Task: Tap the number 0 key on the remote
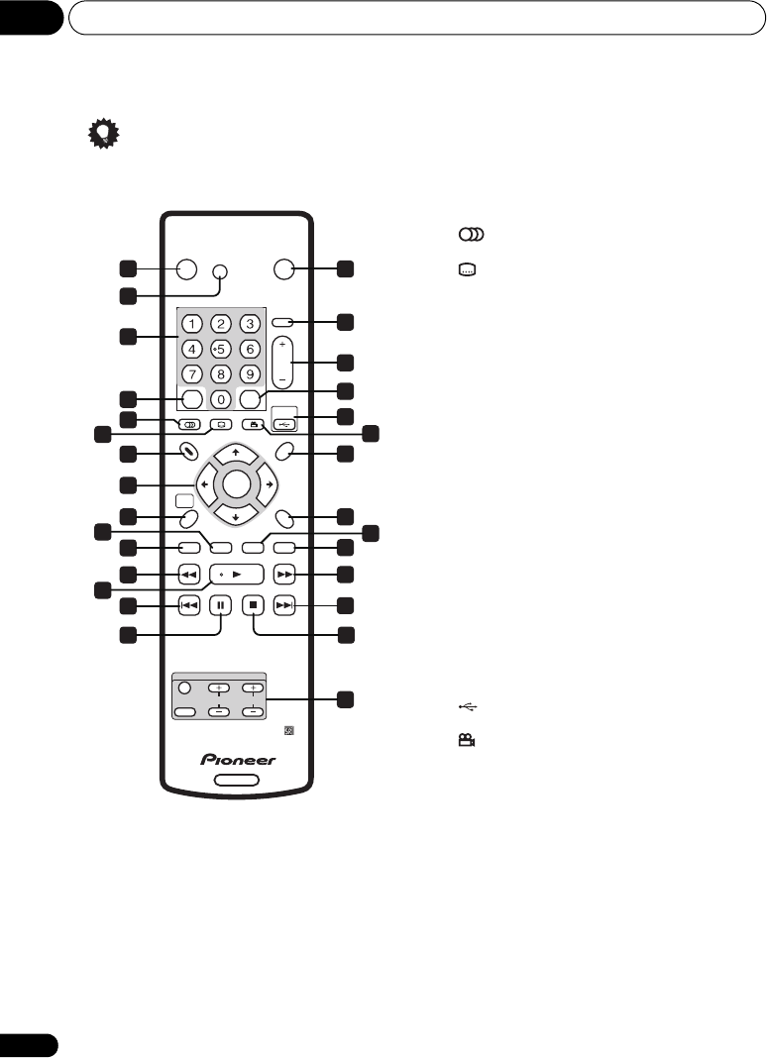pyautogui.click(x=221, y=399)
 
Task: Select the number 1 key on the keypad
pyautogui.click(x=193, y=323)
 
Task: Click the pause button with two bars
pyautogui.click(x=221, y=603)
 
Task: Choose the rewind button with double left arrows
pyautogui.click(x=189, y=574)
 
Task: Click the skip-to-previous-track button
pyautogui.click(x=189, y=603)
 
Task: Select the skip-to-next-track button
pyautogui.click(x=285, y=603)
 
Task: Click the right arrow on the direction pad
pyautogui.click(x=269, y=484)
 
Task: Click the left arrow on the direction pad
pyautogui.click(x=203, y=484)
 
